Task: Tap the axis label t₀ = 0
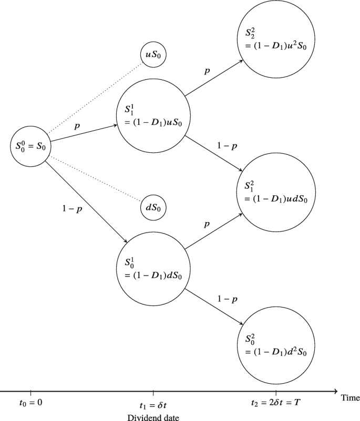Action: (x=31, y=404)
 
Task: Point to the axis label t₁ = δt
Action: (x=153, y=404)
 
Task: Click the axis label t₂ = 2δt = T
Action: (x=276, y=404)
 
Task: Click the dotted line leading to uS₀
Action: (x=95, y=98)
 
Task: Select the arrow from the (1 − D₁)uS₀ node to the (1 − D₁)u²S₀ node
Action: (x=213, y=77)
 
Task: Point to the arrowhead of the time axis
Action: (x=335, y=391)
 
